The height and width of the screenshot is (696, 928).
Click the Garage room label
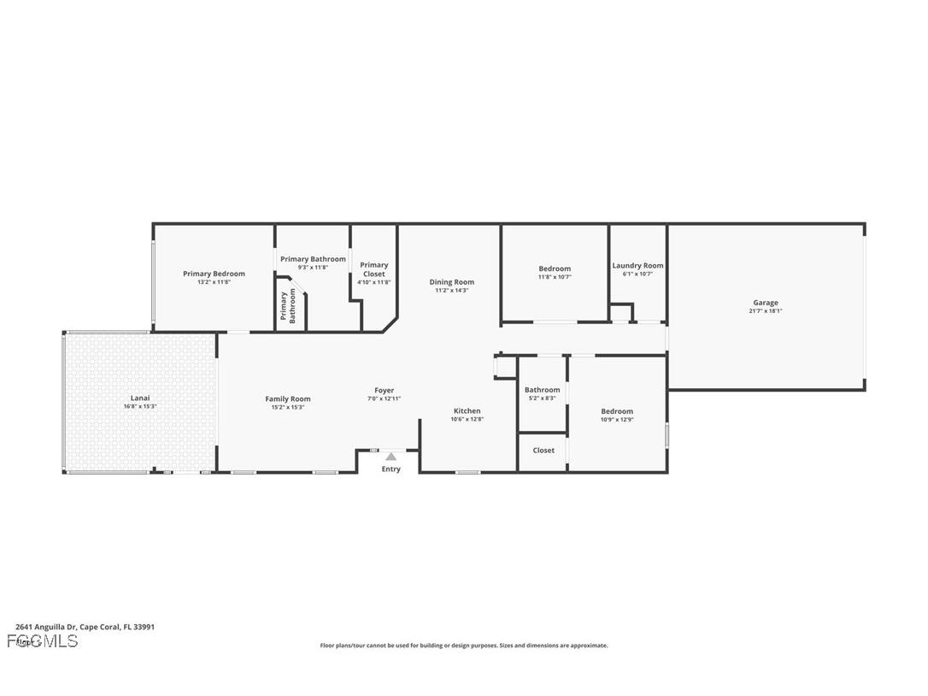(765, 303)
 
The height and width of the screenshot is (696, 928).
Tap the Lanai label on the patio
(140, 398)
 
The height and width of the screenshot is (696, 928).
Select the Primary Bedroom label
(214, 274)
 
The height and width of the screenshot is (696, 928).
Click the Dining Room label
(451, 282)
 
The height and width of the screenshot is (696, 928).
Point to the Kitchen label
(467, 411)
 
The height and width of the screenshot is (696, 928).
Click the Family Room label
(288, 399)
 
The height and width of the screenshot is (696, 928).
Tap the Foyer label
(384, 391)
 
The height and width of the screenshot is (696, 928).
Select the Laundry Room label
(637, 266)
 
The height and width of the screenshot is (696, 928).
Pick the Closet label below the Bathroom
(543, 451)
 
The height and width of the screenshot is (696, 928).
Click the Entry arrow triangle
(391, 457)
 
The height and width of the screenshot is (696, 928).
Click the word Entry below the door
(391, 469)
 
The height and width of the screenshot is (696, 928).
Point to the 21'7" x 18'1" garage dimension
(765, 311)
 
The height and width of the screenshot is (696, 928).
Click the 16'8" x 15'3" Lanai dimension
(140, 406)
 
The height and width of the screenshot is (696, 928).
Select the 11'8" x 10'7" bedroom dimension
(554, 277)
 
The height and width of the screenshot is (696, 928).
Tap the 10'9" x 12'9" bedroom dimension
(616, 420)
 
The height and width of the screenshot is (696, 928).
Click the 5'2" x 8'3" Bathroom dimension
(542, 398)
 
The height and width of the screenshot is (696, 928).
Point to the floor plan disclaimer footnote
(464, 646)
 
